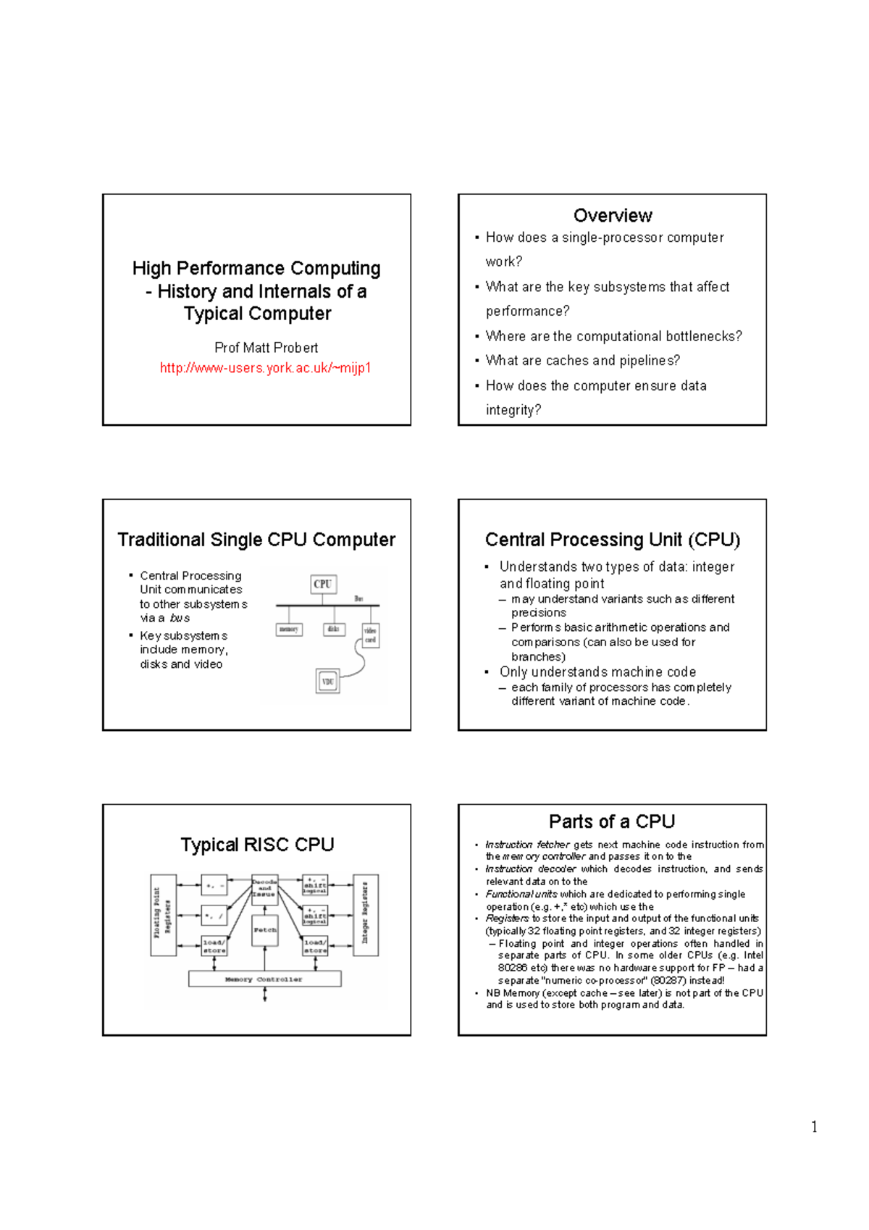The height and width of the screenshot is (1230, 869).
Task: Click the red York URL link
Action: (265, 368)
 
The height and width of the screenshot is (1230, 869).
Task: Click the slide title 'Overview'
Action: (613, 215)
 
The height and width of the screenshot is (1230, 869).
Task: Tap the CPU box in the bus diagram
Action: (323, 584)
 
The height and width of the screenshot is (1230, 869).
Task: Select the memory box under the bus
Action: (289, 629)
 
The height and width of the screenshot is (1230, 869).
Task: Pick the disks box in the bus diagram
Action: (333, 629)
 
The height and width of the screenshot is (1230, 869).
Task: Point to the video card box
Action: (370, 635)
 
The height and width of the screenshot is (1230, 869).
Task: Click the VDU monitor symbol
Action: (327, 682)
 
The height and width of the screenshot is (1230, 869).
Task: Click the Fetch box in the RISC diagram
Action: (265, 929)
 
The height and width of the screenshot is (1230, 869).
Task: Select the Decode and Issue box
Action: (264, 888)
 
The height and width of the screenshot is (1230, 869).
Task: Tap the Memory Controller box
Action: (264, 979)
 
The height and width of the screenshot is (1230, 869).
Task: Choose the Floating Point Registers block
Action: (163, 915)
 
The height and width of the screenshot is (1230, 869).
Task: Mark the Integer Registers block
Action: (366, 915)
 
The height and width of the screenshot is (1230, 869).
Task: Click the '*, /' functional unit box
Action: (214, 916)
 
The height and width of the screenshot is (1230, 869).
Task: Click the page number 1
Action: (814, 1126)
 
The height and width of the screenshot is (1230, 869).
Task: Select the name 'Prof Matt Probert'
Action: (266, 348)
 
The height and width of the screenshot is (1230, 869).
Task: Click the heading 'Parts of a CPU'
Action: (612, 821)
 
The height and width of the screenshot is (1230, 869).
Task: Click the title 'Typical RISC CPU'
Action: (257, 845)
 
